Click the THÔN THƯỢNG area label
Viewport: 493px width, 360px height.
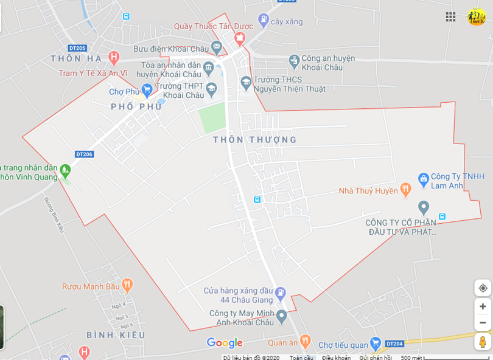pyautogui.click(x=254, y=140)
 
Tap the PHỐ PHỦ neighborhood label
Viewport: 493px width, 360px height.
pyautogui.click(x=136, y=106)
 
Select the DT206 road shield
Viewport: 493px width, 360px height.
pyautogui.click(x=85, y=154)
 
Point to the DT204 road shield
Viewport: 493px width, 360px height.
pyautogui.click(x=394, y=344)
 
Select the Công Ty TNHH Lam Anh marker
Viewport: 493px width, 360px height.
pyautogui.click(x=424, y=178)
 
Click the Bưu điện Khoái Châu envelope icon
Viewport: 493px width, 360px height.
pyautogui.click(x=217, y=47)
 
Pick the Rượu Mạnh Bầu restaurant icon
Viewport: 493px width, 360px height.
pyautogui.click(x=127, y=285)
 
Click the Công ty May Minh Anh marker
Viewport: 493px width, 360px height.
pyautogui.click(x=281, y=316)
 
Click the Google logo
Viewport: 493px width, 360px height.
pyautogui.click(x=225, y=343)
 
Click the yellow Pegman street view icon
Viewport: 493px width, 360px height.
pyautogui.click(x=483, y=342)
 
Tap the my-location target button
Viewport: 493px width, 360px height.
pyautogui.click(x=483, y=288)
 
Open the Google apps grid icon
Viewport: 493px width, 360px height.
pyautogui.click(x=450, y=17)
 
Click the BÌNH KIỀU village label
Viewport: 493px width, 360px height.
pyautogui.click(x=116, y=335)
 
